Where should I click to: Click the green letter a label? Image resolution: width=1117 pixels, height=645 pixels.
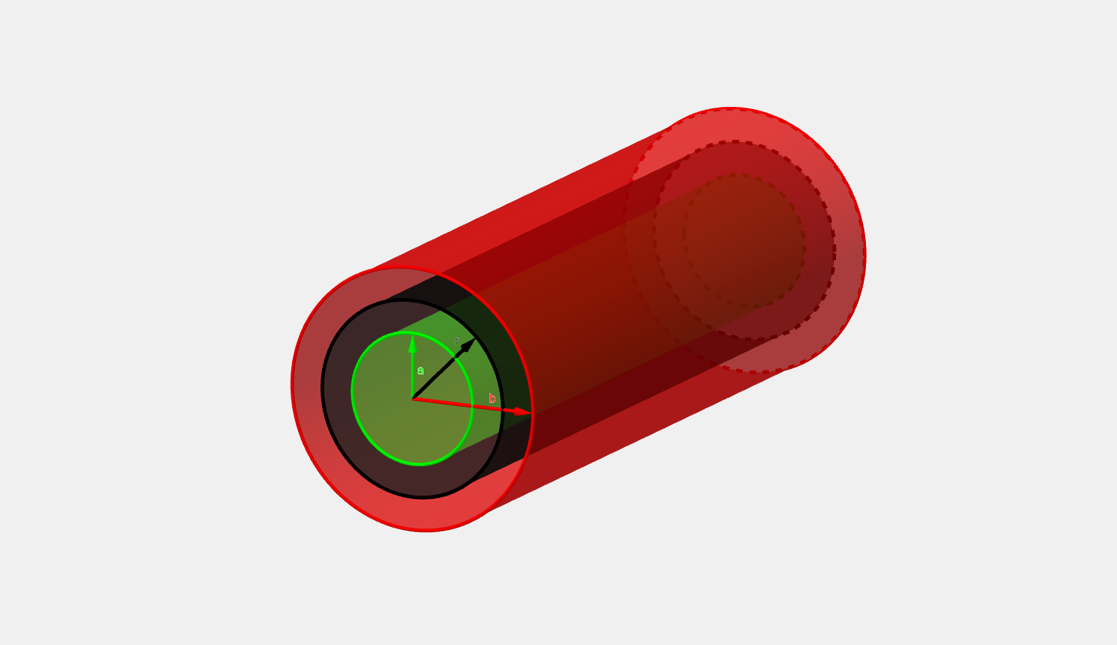click(x=421, y=371)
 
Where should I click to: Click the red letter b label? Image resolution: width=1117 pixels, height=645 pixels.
click(x=492, y=398)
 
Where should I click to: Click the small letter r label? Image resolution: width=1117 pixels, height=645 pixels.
click(x=457, y=342)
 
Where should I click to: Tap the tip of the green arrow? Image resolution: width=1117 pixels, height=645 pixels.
click(x=412, y=336)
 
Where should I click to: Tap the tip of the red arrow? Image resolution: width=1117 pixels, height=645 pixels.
click(x=531, y=413)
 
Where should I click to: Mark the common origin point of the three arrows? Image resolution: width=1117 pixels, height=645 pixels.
click(x=412, y=398)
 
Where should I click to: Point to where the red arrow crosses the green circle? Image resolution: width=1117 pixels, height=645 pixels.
click(x=472, y=406)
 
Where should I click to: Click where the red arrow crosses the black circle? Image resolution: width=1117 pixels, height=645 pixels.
click(x=503, y=410)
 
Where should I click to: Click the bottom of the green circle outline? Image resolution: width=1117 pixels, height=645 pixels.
click(x=421, y=464)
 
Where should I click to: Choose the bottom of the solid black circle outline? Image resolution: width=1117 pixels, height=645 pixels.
click(x=423, y=497)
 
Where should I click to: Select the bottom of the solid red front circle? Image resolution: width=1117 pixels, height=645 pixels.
click(x=426, y=531)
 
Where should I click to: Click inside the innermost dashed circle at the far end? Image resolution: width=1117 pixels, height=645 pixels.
click(x=743, y=239)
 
